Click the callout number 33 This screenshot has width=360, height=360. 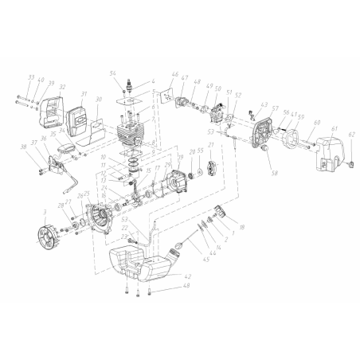(30, 77)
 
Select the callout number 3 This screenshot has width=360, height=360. (45, 213)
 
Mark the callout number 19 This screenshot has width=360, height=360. (181, 158)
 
